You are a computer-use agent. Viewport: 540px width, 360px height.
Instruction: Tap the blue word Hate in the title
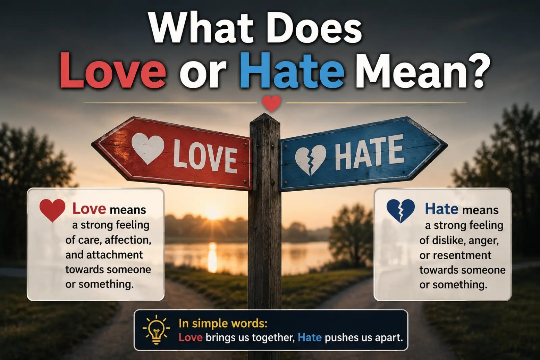(292, 70)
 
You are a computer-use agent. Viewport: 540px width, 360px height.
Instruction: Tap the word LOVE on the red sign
(205, 157)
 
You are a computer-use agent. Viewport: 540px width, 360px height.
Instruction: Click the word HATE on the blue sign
(369, 152)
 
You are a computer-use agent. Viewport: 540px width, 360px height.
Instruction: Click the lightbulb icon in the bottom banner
(156, 329)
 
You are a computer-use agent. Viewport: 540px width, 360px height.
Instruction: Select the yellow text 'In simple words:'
(223, 324)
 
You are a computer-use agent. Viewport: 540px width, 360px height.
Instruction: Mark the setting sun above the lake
(212, 213)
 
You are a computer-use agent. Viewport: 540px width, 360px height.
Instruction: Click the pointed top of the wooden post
(265, 114)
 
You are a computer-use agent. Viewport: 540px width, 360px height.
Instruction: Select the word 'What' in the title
(201, 29)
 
